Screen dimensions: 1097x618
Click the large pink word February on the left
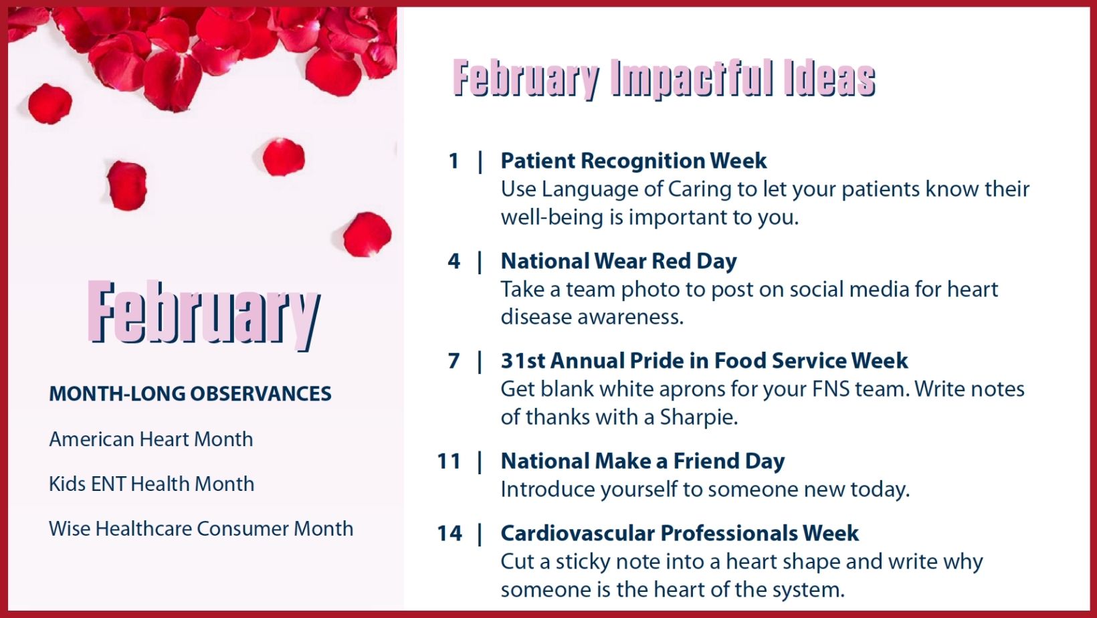click(204, 314)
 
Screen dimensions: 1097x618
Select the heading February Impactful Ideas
click(664, 79)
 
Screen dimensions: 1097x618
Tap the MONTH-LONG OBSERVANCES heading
click(190, 394)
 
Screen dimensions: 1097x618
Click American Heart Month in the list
click(151, 439)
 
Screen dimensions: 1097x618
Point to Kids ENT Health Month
click(151, 484)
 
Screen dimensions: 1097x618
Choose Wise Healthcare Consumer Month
click(201, 529)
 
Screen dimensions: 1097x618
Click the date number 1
click(454, 161)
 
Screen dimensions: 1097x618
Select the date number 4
click(454, 261)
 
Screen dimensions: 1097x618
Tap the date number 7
click(454, 361)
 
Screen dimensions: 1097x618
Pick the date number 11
click(449, 461)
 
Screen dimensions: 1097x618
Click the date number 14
click(449, 533)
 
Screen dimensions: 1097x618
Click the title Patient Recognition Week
click(633, 161)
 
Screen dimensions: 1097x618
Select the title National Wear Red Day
click(619, 261)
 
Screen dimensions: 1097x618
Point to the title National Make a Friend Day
click(643, 461)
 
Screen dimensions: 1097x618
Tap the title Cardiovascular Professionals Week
click(680, 533)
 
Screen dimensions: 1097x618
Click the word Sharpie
click(698, 418)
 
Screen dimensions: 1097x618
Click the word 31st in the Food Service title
click(522, 361)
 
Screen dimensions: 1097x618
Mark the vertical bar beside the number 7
click(480, 362)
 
